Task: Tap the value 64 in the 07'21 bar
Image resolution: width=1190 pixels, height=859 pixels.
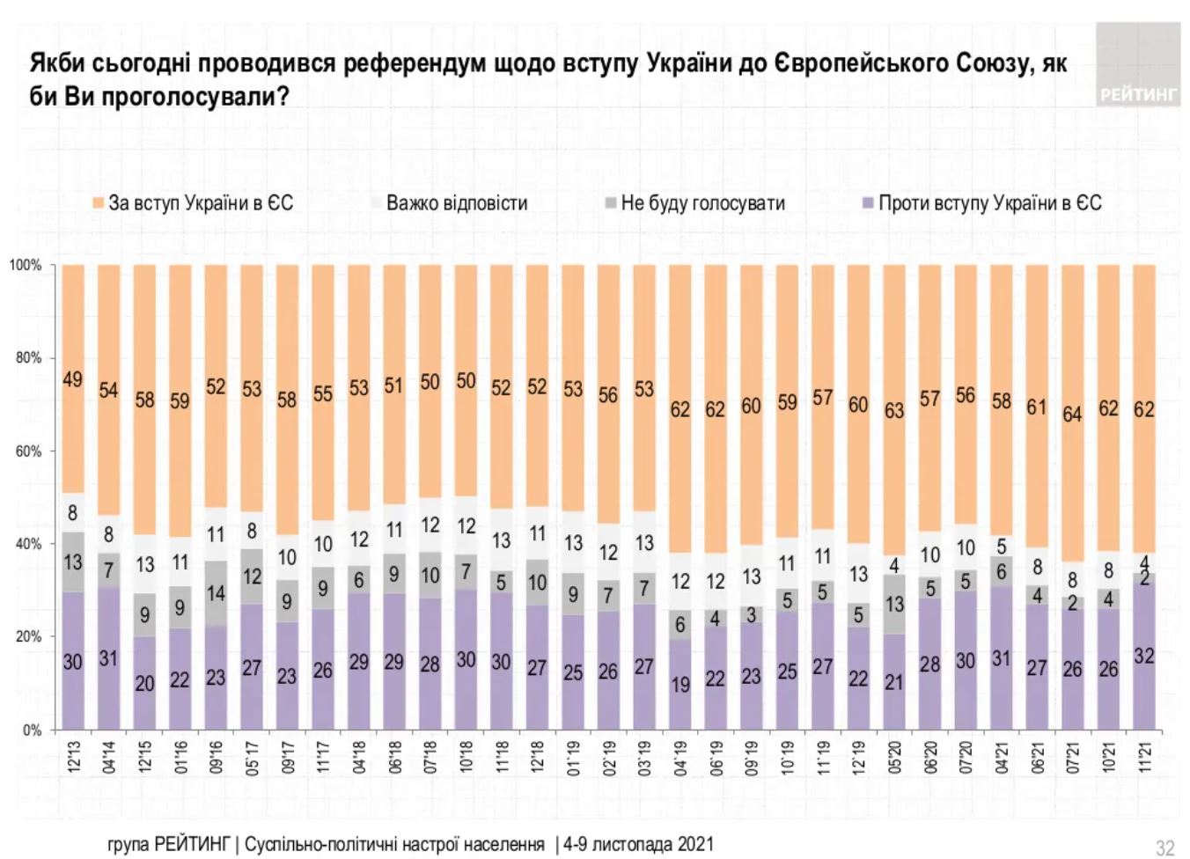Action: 1072,413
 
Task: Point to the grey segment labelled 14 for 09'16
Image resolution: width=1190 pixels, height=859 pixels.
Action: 216,593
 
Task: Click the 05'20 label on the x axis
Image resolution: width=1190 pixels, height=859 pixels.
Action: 895,757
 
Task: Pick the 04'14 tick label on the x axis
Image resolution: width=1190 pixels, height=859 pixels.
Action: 109,757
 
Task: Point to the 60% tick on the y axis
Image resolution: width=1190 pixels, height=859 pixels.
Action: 28,452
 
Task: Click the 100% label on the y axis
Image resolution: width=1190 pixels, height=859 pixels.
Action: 26,265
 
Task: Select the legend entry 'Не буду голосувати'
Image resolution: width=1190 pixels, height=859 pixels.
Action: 702,203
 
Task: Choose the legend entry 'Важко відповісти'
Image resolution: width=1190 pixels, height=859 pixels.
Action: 456,203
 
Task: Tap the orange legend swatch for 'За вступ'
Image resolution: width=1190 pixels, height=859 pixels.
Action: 99,204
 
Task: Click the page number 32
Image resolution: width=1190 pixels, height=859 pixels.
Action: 1164,848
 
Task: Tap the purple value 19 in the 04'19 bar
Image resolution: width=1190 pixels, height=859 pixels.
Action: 680,684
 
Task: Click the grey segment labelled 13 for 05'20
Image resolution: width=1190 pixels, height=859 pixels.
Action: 894,604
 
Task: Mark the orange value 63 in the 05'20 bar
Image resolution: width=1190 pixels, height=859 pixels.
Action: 894,411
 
